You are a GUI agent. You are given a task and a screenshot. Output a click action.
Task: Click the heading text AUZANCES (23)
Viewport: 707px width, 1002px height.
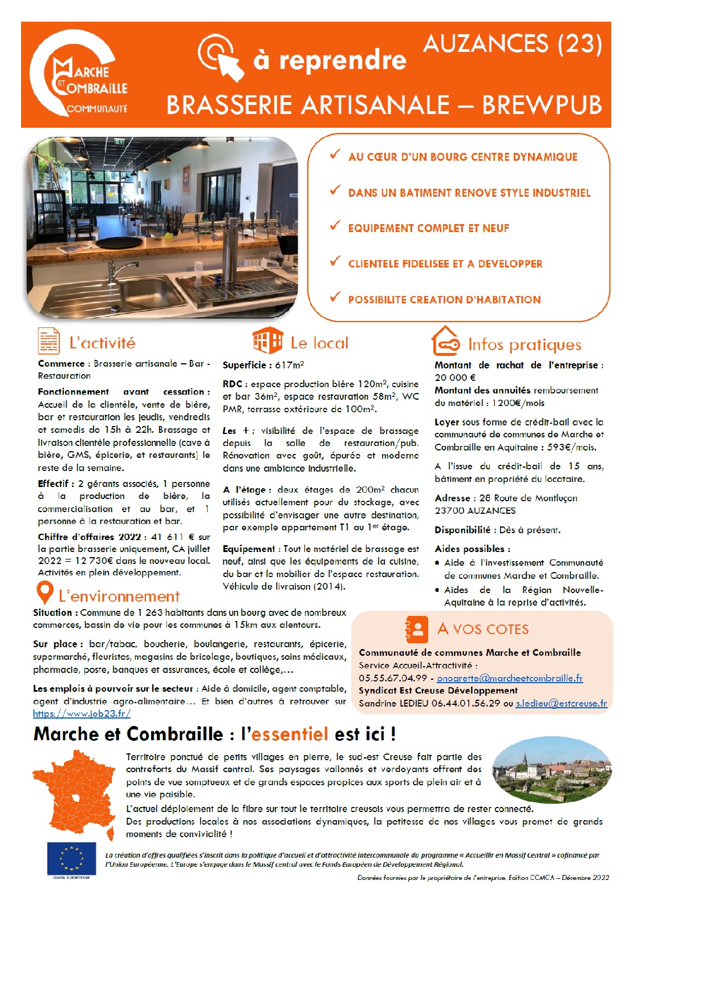click(513, 44)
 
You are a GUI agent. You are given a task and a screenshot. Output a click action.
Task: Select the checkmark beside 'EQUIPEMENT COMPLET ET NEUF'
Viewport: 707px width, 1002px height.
click(335, 226)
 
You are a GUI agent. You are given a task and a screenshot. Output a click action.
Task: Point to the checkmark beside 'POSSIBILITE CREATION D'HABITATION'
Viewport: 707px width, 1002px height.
click(335, 297)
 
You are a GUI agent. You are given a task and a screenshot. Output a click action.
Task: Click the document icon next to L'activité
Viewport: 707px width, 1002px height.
click(48, 341)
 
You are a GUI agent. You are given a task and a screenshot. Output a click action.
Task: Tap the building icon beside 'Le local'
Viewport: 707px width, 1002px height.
click(267, 341)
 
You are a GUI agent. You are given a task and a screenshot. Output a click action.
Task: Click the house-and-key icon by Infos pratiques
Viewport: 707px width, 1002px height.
click(445, 342)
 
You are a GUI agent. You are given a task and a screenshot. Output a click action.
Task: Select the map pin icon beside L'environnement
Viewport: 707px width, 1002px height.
click(44, 593)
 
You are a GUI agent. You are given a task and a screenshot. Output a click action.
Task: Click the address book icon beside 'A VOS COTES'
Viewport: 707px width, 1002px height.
click(417, 629)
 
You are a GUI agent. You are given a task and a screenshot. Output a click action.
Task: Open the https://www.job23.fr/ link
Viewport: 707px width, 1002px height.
click(82, 713)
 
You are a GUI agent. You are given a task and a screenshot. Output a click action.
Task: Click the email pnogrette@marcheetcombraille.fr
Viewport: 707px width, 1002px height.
click(510, 678)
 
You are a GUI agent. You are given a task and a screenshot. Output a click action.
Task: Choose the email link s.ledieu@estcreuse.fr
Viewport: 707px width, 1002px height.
click(561, 704)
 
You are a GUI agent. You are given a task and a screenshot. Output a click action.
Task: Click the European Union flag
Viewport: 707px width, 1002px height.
click(71, 858)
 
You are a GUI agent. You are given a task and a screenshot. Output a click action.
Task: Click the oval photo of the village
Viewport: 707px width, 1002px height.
click(551, 769)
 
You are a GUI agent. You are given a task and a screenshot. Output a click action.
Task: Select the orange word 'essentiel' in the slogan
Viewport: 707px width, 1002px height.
click(290, 734)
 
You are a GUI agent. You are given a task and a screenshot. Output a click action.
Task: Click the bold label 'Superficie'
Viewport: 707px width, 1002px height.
click(244, 365)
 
